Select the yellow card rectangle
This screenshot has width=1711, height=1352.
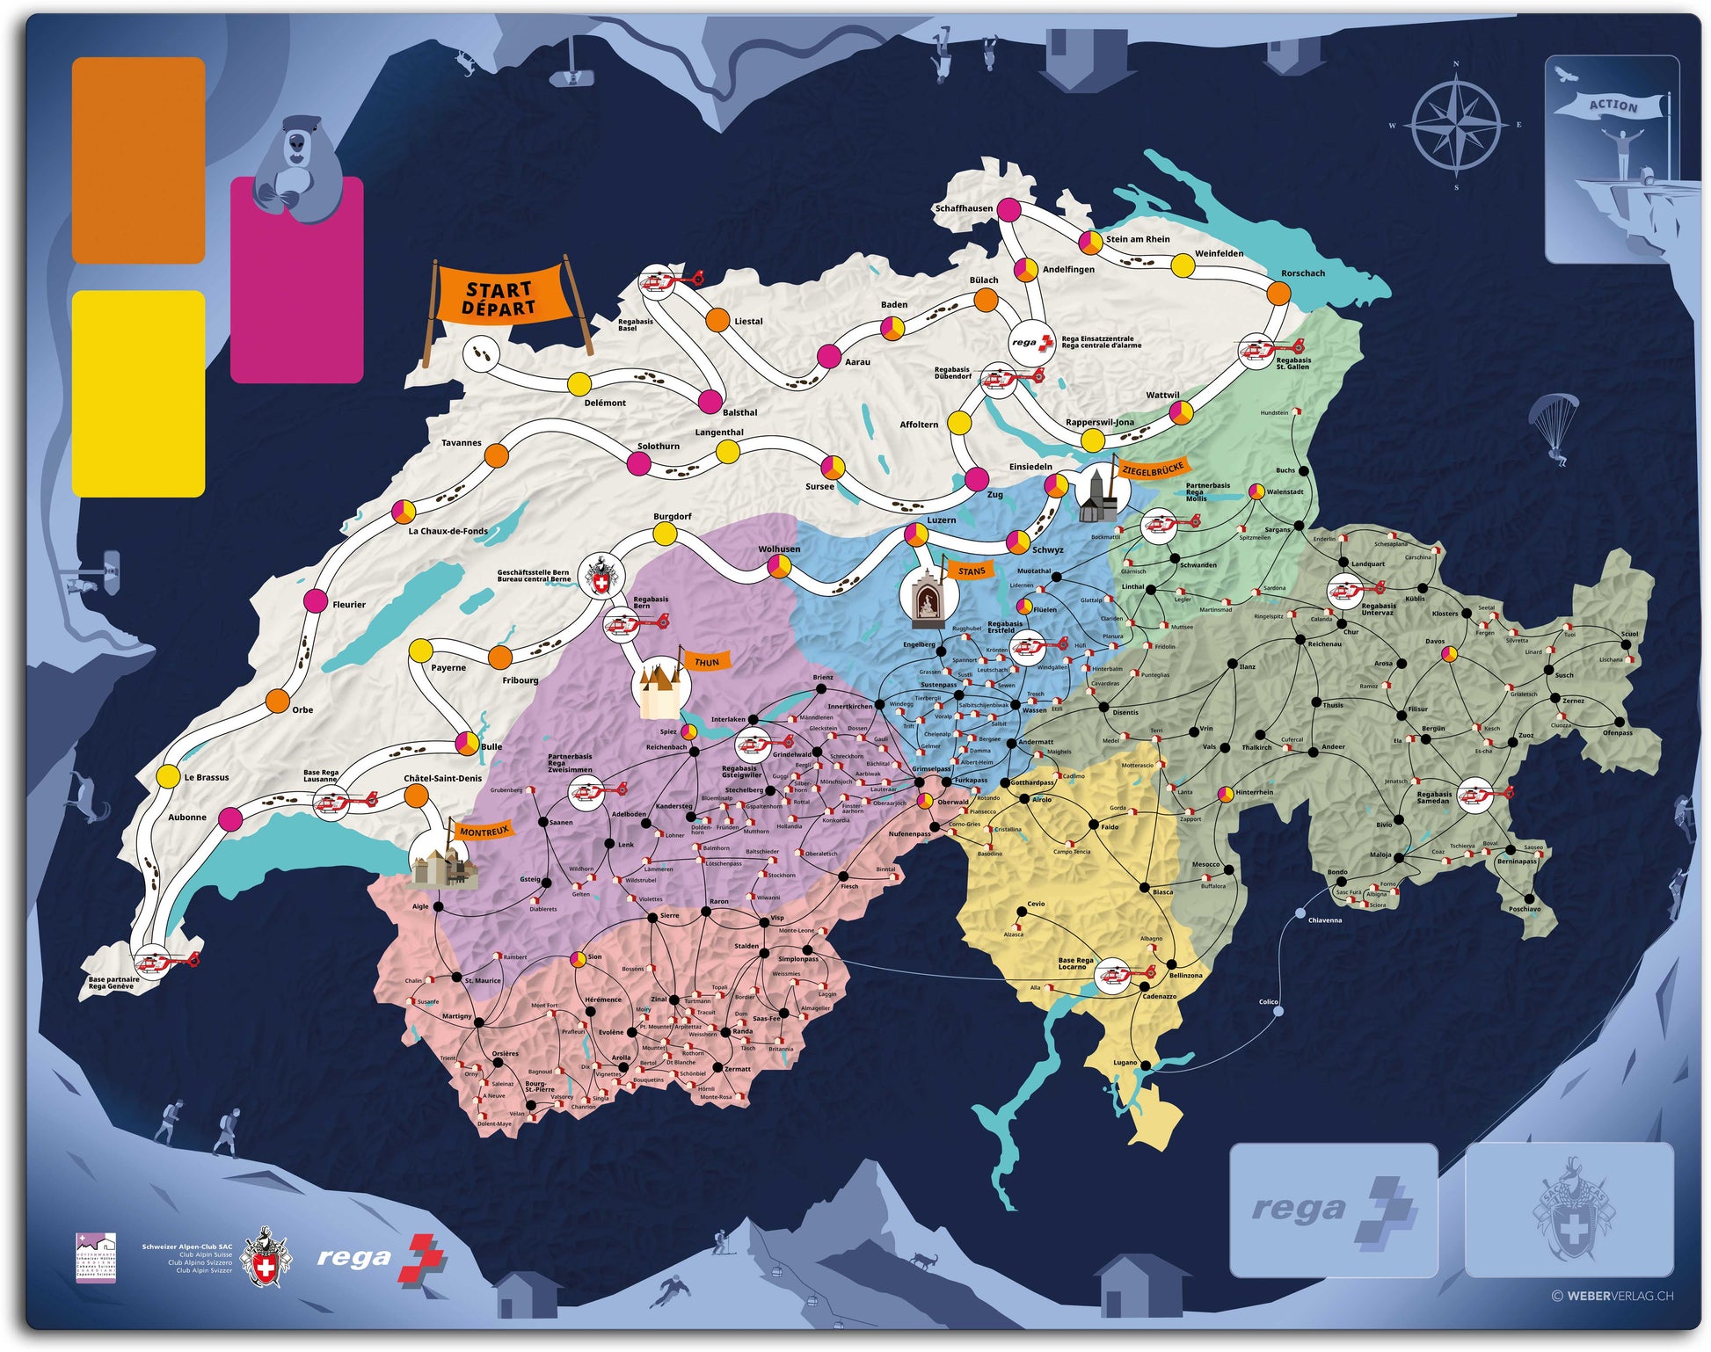pyautogui.click(x=138, y=393)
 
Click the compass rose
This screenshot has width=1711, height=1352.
pyautogui.click(x=1455, y=126)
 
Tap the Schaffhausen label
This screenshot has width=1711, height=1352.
pyautogui.click(x=964, y=208)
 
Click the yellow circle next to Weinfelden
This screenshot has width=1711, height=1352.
pyautogui.click(x=1183, y=264)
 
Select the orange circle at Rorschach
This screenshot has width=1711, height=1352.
pyautogui.click(x=1279, y=293)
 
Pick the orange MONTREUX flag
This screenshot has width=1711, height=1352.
pyautogui.click(x=484, y=831)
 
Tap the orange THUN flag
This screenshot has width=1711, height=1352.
pyautogui.click(x=706, y=662)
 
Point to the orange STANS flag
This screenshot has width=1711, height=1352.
pyautogui.click(x=971, y=571)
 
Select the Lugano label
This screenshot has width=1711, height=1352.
pyautogui.click(x=1125, y=1062)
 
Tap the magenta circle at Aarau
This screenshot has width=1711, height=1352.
pyautogui.click(x=828, y=356)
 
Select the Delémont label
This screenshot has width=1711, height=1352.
pyautogui.click(x=605, y=403)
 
